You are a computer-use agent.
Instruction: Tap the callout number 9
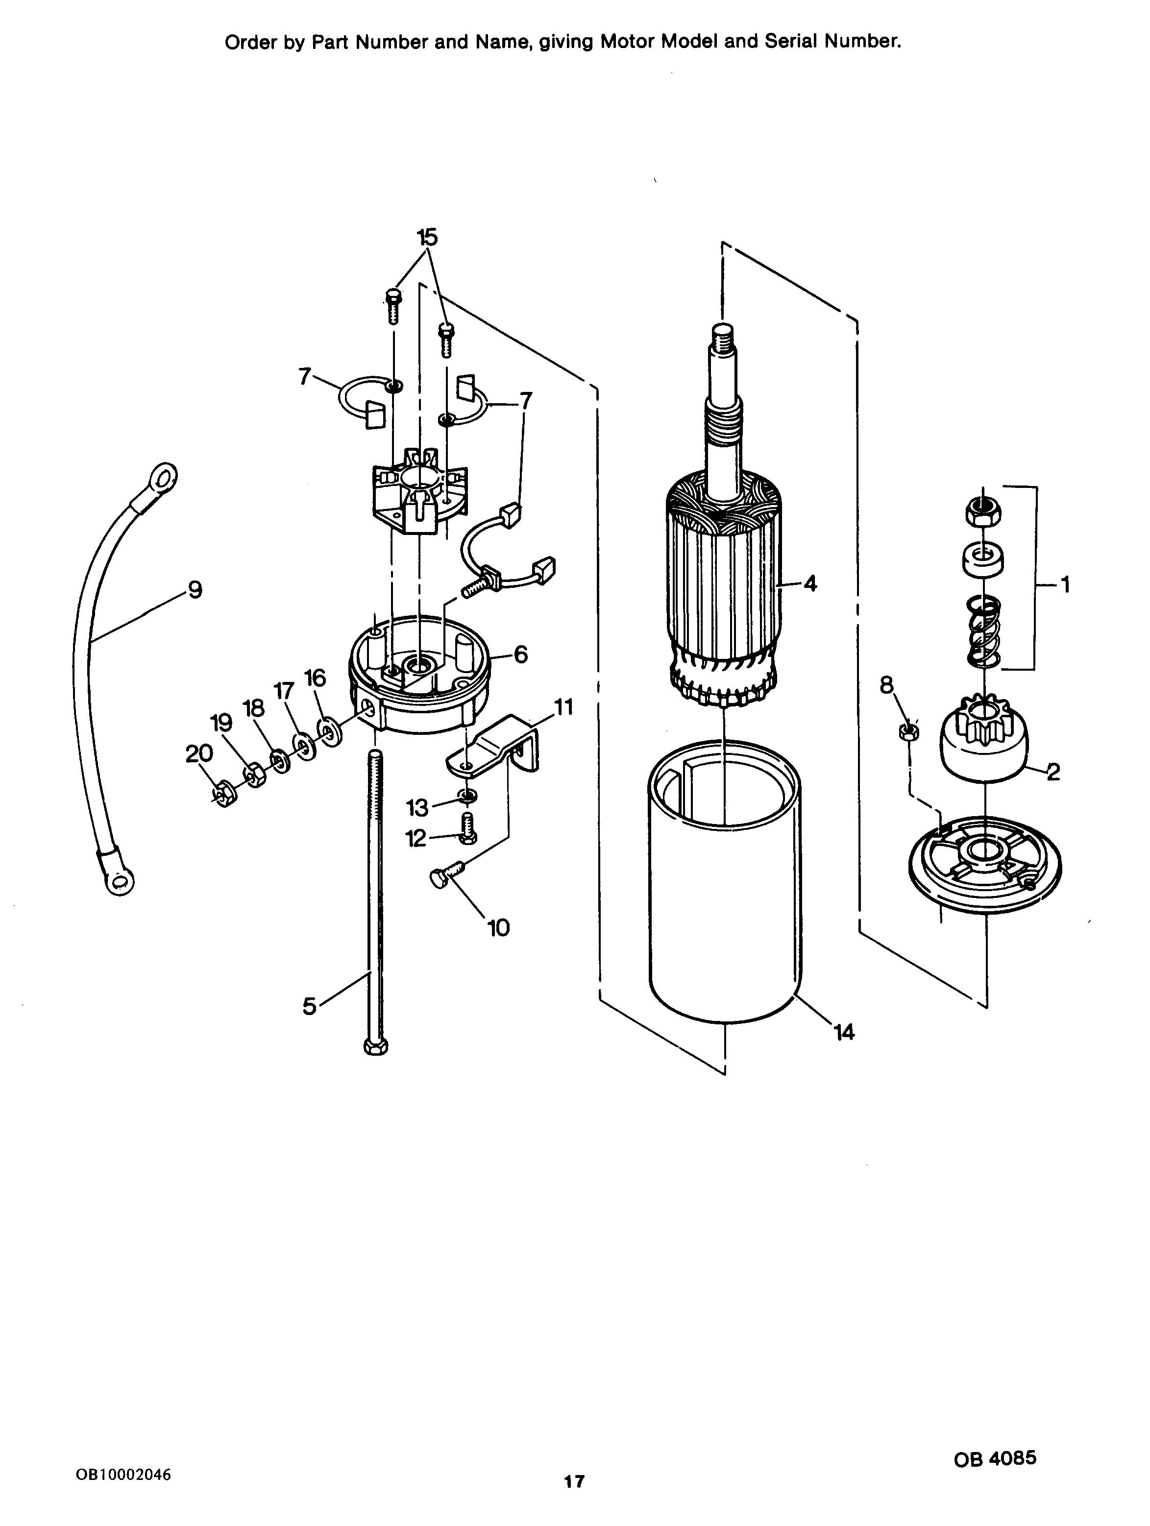(x=195, y=590)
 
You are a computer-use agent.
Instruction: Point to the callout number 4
(x=810, y=583)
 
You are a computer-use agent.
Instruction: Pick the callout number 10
(x=498, y=928)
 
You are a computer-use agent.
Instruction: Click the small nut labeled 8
(x=908, y=730)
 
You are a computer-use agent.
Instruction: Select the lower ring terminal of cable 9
(x=117, y=875)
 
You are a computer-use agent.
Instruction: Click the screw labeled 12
(x=467, y=827)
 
